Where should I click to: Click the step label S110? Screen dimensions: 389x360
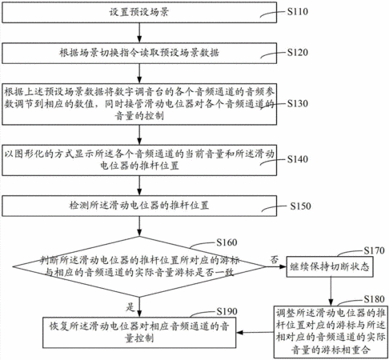click(x=298, y=11)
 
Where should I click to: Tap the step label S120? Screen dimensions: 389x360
click(x=298, y=52)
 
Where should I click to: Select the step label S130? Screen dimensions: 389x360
click(x=298, y=103)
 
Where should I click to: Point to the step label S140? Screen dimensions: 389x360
click(x=298, y=159)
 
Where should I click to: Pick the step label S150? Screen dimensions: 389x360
click(x=300, y=206)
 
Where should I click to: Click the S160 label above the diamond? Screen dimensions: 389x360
click(x=227, y=242)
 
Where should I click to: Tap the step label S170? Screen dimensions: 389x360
click(x=375, y=250)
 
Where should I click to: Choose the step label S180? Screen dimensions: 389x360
click(x=375, y=299)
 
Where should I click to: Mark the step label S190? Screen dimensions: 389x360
click(x=227, y=311)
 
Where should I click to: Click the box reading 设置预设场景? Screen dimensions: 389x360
click(x=139, y=12)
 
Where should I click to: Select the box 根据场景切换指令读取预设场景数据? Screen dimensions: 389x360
click(x=139, y=53)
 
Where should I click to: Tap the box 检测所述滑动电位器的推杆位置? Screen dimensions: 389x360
click(x=139, y=206)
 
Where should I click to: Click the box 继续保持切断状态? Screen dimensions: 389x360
click(x=330, y=266)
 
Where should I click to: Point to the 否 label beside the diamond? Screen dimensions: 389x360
click(x=275, y=259)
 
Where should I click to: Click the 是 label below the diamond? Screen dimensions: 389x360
click(x=130, y=307)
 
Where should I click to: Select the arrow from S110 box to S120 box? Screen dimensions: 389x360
click(x=139, y=33)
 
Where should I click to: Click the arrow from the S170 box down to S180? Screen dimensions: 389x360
click(x=331, y=291)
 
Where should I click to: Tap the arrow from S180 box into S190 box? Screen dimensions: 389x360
click(x=255, y=333)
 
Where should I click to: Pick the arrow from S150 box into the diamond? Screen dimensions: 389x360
click(x=139, y=226)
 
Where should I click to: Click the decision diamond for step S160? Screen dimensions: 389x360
click(x=139, y=266)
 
